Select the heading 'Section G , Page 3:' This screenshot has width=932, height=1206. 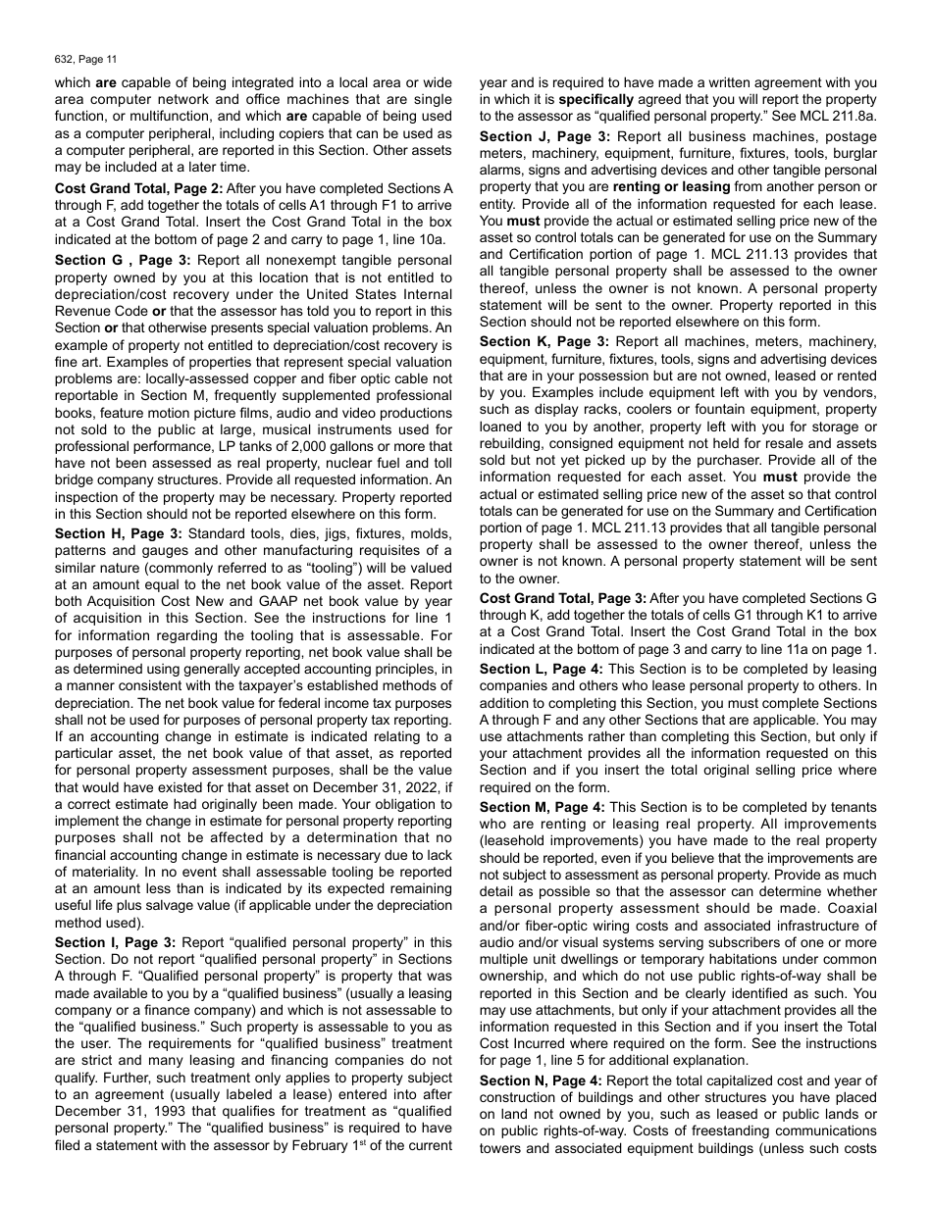[123, 261]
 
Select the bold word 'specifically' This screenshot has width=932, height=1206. [597, 100]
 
